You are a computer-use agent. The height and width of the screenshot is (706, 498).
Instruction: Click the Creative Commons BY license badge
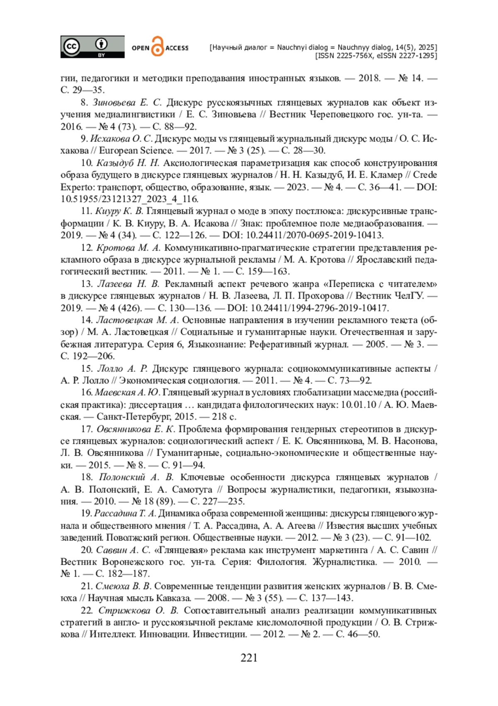[92, 47]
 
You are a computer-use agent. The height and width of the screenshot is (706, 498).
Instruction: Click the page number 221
[249, 658]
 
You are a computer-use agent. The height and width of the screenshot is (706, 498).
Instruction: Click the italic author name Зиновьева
[114, 102]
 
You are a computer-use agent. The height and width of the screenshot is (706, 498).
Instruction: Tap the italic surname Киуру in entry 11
[108, 211]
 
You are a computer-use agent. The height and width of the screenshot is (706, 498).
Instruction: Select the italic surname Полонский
[122, 477]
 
